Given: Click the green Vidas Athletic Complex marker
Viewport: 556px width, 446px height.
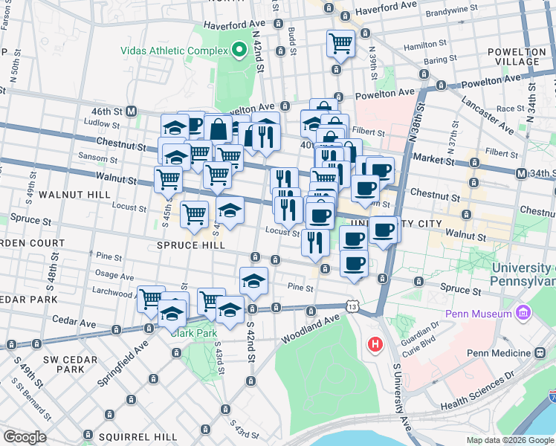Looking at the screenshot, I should (x=239, y=50).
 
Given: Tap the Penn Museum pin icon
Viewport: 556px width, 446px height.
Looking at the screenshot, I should (x=523, y=313).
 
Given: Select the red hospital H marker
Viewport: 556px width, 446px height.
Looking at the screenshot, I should (x=375, y=345).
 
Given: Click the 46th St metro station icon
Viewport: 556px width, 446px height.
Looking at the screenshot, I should (x=132, y=111).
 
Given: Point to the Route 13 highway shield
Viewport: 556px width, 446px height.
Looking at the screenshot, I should (x=352, y=306).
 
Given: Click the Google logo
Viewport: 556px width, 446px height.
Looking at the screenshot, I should (x=25, y=437).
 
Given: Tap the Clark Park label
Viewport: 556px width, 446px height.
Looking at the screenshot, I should (x=193, y=333).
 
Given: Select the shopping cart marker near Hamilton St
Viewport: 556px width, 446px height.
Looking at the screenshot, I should (x=340, y=43).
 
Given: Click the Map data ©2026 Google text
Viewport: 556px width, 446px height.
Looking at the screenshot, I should (x=510, y=440).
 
